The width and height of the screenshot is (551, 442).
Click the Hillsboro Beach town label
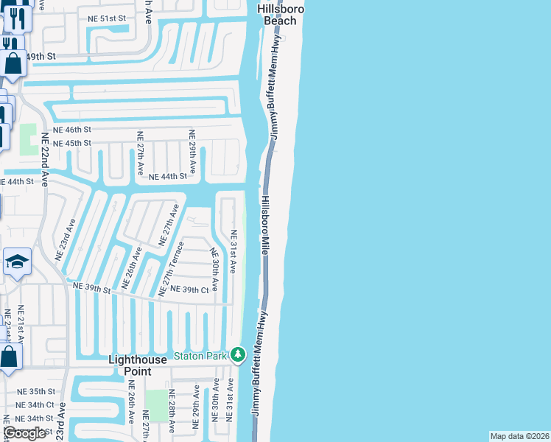[277, 15]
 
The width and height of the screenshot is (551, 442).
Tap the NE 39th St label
[91, 287]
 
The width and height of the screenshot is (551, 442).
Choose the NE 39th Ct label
[190, 290]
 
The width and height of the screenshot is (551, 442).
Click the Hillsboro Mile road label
[265, 225]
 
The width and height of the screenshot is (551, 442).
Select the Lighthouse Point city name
[143, 365]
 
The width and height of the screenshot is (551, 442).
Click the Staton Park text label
[200, 356]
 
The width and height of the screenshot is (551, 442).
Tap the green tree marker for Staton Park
[237, 356]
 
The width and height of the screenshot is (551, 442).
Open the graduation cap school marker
[17, 262]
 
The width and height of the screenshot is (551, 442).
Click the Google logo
[24, 433]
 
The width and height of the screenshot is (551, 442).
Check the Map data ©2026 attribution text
[519, 436]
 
